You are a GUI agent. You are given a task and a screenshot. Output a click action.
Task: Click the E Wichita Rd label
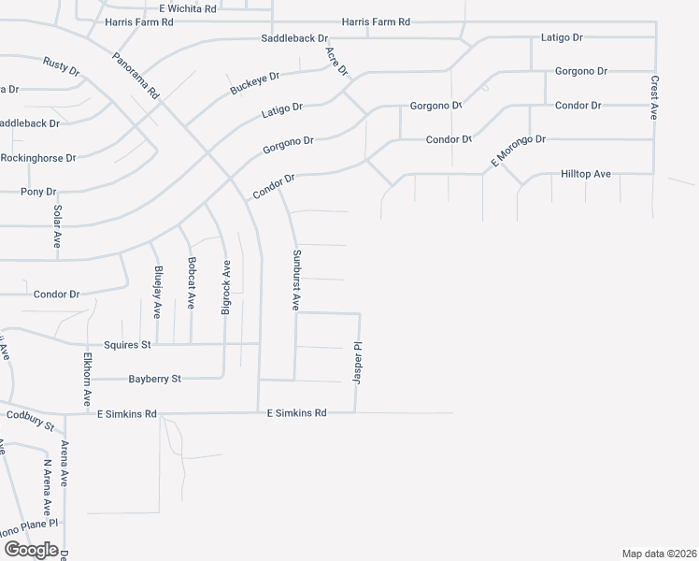tap(188, 8)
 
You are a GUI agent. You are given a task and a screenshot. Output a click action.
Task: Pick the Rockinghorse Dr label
tap(38, 159)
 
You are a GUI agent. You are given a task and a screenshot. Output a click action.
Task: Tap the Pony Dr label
tap(38, 192)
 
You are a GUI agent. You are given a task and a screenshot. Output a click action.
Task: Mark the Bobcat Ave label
tap(191, 283)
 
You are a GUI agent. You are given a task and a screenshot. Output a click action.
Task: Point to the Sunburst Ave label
tap(295, 280)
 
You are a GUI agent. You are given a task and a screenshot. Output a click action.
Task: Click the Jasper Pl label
tap(357, 364)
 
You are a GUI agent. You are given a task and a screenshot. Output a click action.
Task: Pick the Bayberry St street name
tap(154, 379)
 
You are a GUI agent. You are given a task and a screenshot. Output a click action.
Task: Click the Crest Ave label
tap(654, 97)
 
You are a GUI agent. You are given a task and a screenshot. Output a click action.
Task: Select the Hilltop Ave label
tap(585, 174)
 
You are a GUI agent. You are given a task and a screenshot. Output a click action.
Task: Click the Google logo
tap(31, 550)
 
